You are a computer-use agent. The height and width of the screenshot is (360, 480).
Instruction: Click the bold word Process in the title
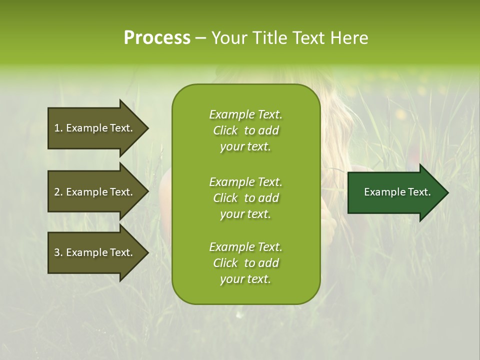coord(157,38)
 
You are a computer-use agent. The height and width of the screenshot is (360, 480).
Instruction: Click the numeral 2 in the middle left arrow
coord(56,192)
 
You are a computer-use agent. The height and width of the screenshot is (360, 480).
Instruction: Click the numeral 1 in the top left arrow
coord(56,128)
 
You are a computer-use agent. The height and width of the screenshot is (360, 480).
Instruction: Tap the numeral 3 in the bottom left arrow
coord(56,253)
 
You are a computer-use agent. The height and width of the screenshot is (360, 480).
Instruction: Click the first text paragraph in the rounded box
coord(245,130)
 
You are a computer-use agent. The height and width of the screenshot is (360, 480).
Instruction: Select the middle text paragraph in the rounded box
coord(245,197)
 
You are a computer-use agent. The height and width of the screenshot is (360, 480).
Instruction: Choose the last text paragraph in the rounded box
coord(245,263)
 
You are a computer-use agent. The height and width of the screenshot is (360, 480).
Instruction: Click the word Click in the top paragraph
coord(225,130)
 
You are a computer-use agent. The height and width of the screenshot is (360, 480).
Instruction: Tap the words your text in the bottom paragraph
coord(245,279)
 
